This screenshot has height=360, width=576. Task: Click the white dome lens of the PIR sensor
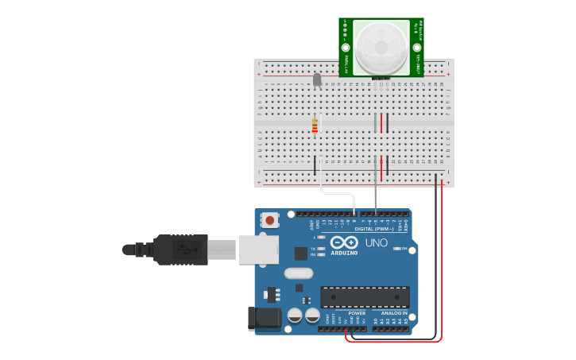381,48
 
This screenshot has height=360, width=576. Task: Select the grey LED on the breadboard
317,79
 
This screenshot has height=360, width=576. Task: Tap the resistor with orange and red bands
315,126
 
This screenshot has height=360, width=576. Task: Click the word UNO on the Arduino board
377,242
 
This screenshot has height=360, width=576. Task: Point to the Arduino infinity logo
345,242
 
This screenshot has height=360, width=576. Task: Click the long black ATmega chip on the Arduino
365,297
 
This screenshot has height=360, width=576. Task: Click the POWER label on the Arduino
357,313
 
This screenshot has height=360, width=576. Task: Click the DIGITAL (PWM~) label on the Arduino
381,229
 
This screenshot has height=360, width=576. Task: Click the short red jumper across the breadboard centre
381,122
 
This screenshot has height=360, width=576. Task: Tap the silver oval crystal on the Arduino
298,273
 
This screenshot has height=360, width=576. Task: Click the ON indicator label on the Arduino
404,249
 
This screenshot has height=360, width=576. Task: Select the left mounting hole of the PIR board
346,48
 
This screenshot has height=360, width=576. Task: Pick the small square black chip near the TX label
301,254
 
